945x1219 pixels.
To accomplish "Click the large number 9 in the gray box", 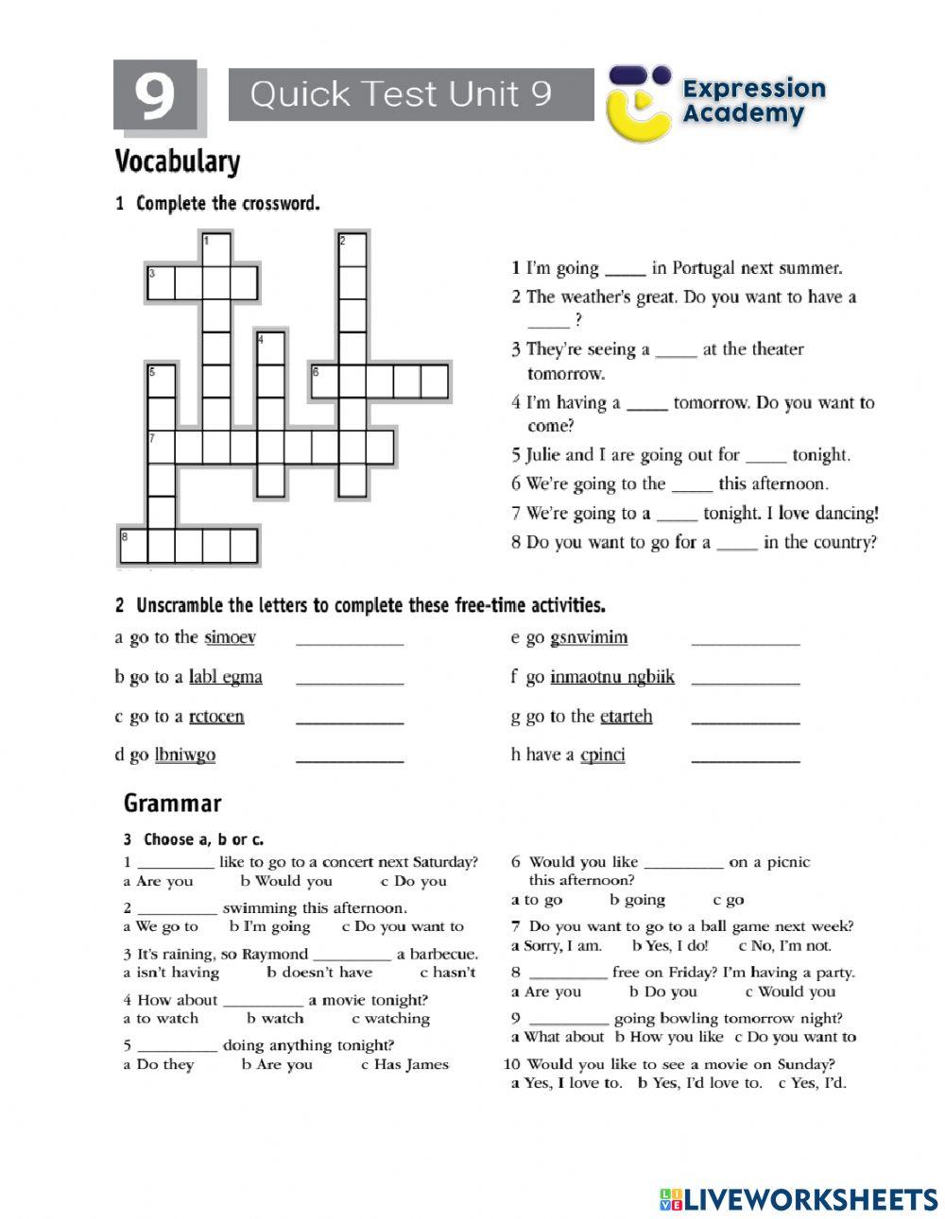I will click(154, 94).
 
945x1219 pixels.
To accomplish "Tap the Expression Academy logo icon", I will click(639, 102).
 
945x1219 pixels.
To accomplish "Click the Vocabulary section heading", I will click(177, 161).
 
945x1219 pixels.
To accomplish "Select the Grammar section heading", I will click(172, 804).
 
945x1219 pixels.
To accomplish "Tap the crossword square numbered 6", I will click(325, 381).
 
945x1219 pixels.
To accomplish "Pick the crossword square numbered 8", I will click(133, 546).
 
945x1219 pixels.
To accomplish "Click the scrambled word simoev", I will click(230, 637).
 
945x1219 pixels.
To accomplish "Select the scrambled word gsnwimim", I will click(589, 637).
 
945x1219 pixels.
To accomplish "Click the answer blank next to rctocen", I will click(350, 720).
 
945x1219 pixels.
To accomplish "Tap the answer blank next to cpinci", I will click(745, 757).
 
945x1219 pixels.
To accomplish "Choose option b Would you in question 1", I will click(286, 881).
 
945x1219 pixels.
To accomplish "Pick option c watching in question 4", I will click(390, 1018).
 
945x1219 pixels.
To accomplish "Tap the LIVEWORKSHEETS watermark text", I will click(809, 1199).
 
